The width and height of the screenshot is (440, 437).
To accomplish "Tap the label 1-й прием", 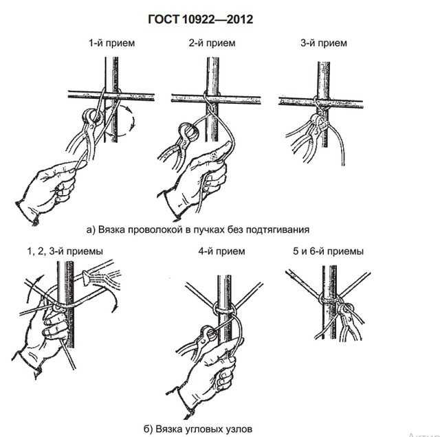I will click(x=111, y=43).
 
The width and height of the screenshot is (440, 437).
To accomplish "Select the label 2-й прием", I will click(x=212, y=43).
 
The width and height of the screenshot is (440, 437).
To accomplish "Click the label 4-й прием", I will click(x=221, y=251).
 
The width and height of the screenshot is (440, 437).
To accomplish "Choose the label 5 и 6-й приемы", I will click(x=327, y=251).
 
